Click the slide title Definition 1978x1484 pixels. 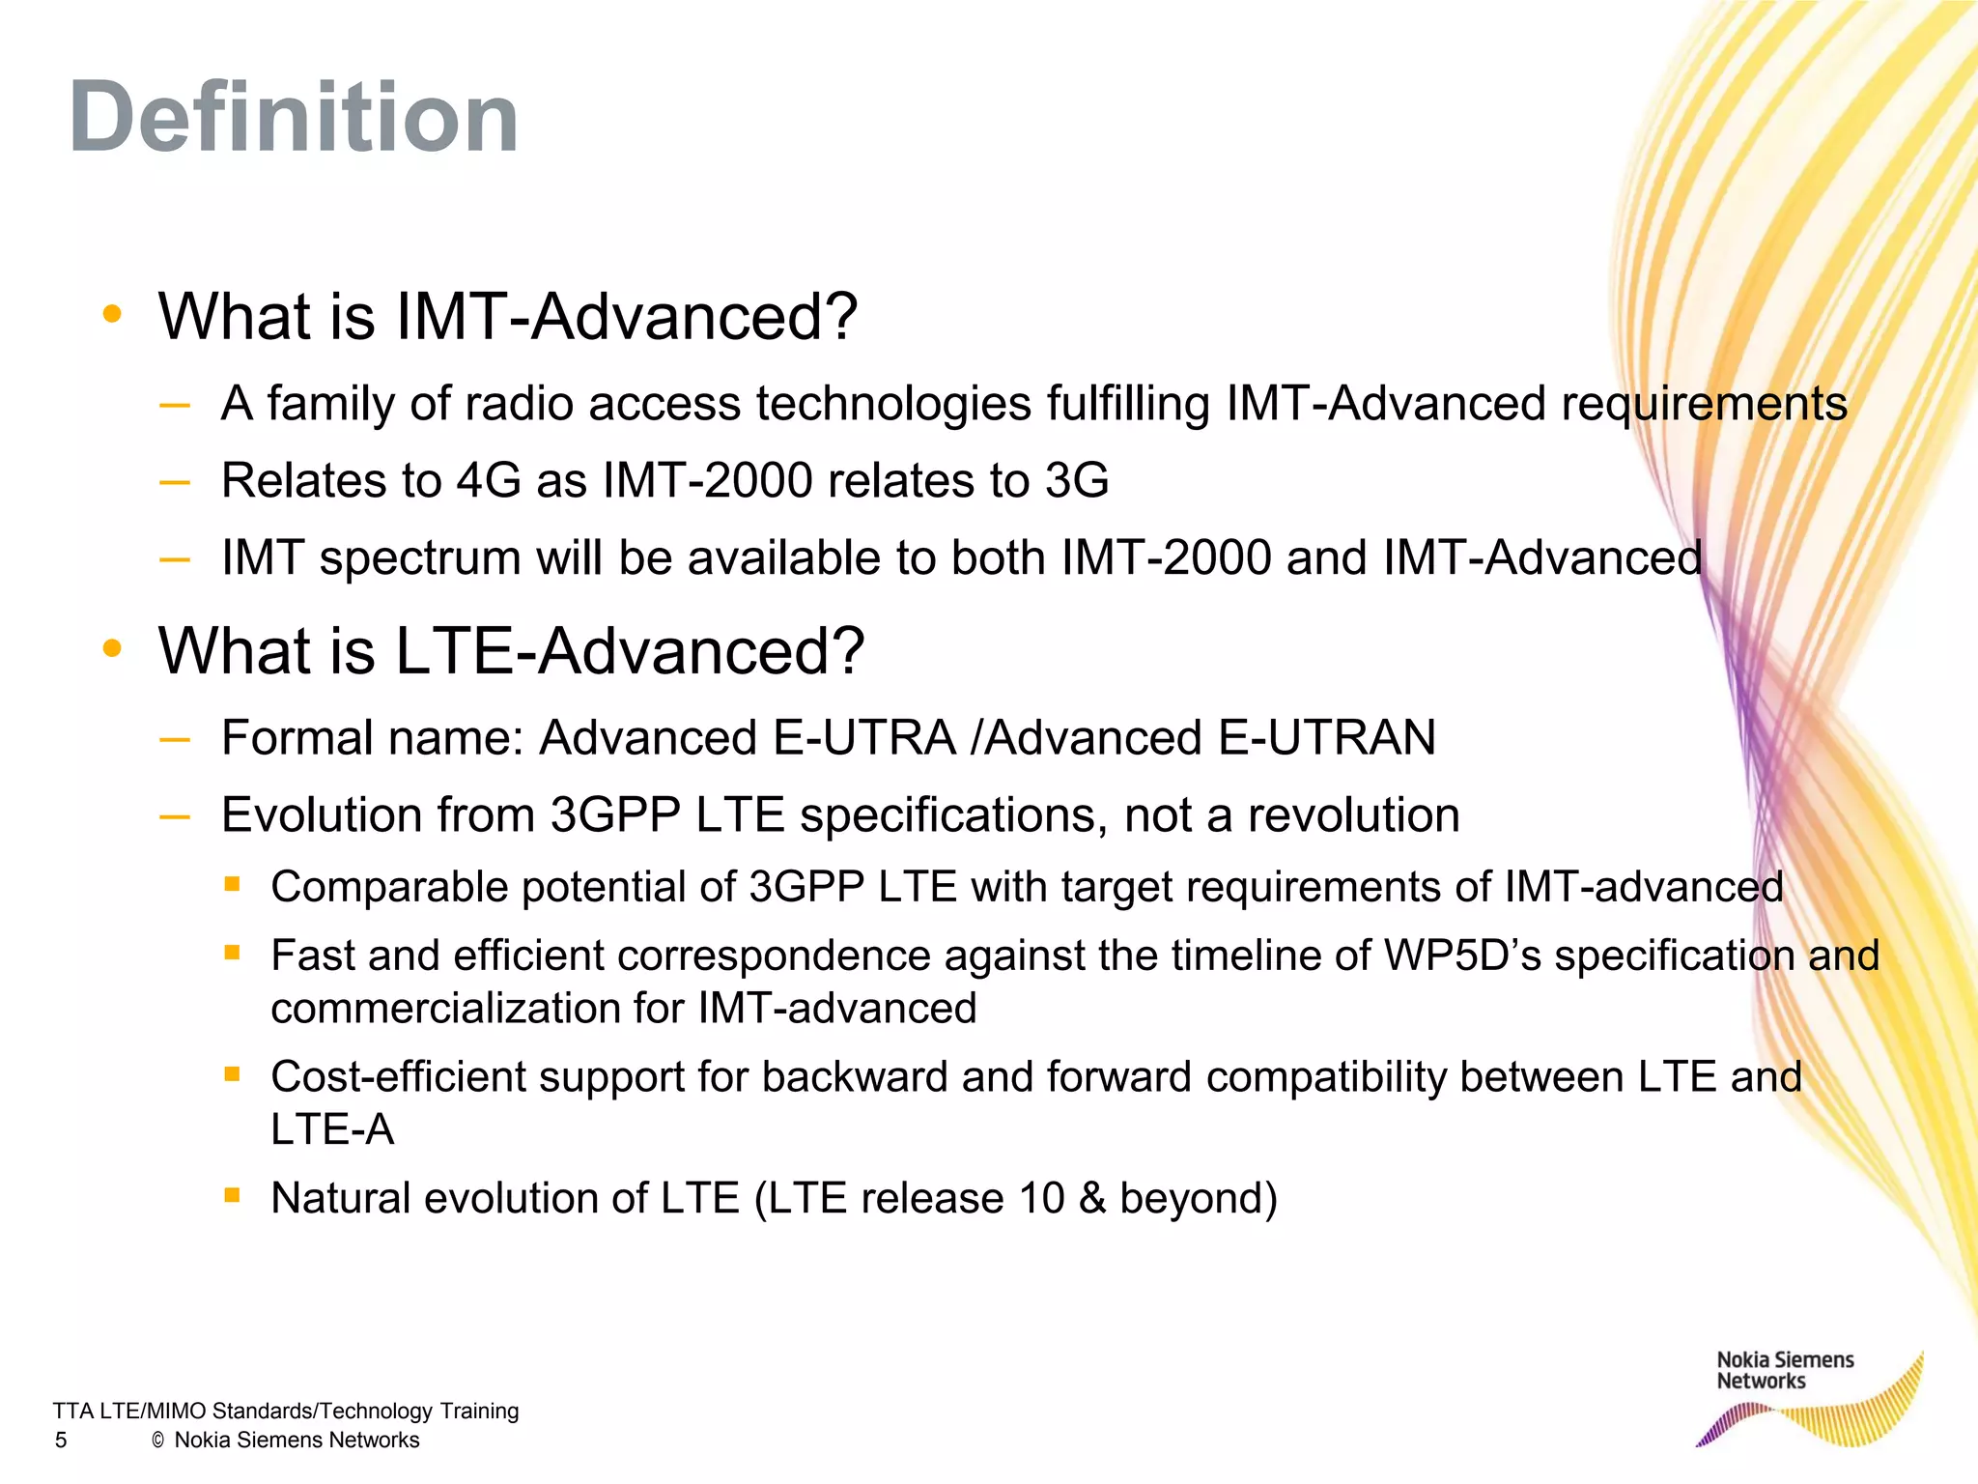[294, 118]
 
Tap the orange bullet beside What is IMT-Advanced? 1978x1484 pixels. [113, 314]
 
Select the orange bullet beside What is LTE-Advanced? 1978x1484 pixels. [113, 648]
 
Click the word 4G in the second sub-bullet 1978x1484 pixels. [489, 480]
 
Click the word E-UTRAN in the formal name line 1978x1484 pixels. [1327, 738]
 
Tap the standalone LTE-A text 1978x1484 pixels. [332, 1129]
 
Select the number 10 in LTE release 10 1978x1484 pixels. [1040, 1199]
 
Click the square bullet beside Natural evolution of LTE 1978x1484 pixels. [232, 1195]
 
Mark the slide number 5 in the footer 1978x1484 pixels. [61, 1441]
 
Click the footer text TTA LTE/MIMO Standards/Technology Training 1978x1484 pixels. [286, 1411]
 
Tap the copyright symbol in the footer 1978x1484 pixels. [158, 1441]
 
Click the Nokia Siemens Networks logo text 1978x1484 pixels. [1784, 1370]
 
